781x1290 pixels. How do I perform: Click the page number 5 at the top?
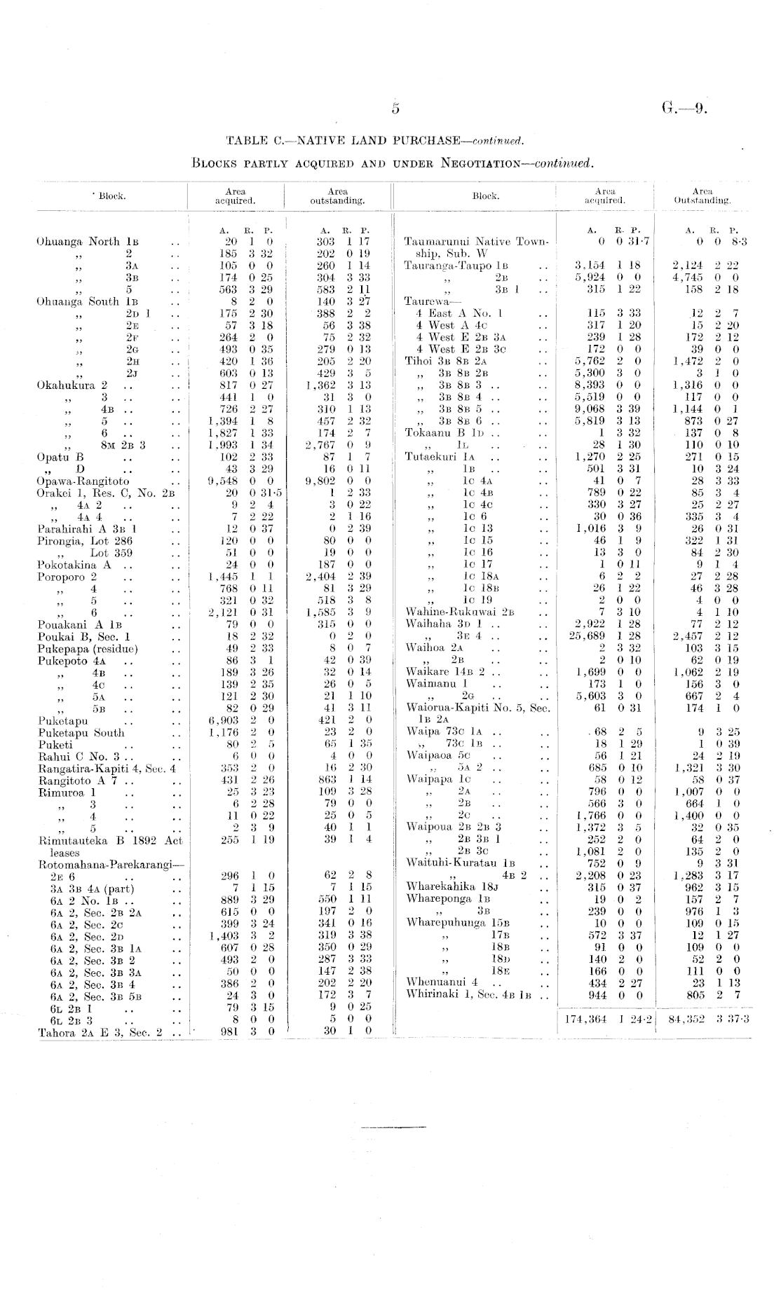pyautogui.click(x=395, y=109)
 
